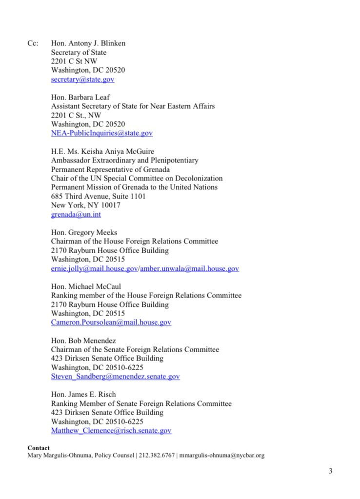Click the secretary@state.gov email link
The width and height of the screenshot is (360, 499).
click(x=82, y=79)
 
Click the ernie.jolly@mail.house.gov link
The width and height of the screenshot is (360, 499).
click(x=95, y=268)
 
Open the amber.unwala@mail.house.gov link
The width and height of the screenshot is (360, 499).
click(x=189, y=268)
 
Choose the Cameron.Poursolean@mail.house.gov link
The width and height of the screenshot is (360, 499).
click(x=111, y=322)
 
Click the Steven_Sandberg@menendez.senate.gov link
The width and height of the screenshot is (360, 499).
click(x=115, y=377)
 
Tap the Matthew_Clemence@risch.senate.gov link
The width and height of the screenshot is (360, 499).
click(x=111, y=431)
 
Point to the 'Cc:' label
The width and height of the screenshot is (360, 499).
click(x=33, y=43)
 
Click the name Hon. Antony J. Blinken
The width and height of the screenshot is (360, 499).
click(x=88, y=43)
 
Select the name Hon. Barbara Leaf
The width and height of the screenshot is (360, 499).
click(x=80, y=97)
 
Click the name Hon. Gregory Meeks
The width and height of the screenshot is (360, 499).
click(x=84, y=232)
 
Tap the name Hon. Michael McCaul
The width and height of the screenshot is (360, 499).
click(x=86, y=286)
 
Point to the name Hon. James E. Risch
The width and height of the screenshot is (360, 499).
click(x=84, y=395)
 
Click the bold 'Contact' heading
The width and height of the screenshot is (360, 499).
click(x=39, y=448)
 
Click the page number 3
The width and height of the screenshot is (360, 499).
click(x=330, y=471)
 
